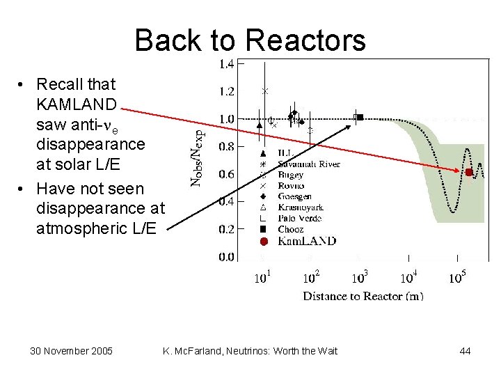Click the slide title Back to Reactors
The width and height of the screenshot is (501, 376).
click(x=250, y=40)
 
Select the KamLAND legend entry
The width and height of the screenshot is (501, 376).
click(x=307, y=241)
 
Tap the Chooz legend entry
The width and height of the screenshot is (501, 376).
click(x=290, y=228)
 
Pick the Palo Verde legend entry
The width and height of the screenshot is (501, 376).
click(x=300, y=218)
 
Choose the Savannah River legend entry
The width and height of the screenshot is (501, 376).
click(x=309, y=164)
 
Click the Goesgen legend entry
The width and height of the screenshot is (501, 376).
click(x=295, y=197)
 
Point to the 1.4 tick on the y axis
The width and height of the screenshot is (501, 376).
click(x=227, y=64)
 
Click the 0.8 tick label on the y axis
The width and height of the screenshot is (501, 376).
click(x=227, y=146)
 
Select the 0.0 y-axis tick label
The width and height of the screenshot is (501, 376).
click(x=227, y=257)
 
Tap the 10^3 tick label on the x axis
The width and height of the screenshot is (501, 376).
click(x=359, y=277)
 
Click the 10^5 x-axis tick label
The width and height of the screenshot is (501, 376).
click(x=457, y=277)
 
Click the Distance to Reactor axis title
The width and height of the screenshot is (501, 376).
click(x=363, y=296)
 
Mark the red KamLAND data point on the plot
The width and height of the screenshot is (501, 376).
click(x=469, y=172)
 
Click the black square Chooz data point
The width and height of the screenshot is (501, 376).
click(x=360, y=117)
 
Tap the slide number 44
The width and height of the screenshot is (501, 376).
click(x=465, y=351)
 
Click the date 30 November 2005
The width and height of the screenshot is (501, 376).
click(x=72, y=351)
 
